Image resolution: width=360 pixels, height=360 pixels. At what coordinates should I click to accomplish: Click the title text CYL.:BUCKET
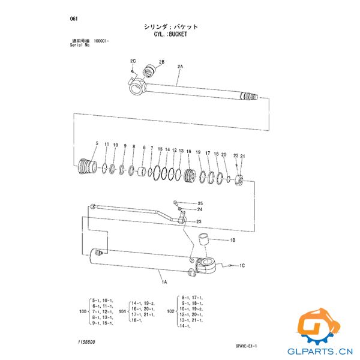coord(170,35)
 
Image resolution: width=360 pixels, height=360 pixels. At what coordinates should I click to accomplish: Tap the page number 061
coord(75,19)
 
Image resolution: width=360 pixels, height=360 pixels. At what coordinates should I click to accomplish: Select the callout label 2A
coord(180,65)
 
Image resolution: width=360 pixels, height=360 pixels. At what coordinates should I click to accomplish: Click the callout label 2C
coord(133,62)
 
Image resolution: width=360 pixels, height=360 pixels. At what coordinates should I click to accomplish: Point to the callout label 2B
coord(161,62)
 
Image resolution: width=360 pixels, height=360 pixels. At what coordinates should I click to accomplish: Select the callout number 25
coord(200,203)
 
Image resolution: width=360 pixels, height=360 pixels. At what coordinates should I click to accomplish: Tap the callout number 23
coord(198,222)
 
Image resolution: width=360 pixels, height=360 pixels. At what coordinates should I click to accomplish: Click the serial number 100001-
coord(98,41)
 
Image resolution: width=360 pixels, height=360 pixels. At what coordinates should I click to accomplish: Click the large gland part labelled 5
coord(88,165)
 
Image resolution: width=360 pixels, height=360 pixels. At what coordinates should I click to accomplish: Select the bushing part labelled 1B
coord(204,240)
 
